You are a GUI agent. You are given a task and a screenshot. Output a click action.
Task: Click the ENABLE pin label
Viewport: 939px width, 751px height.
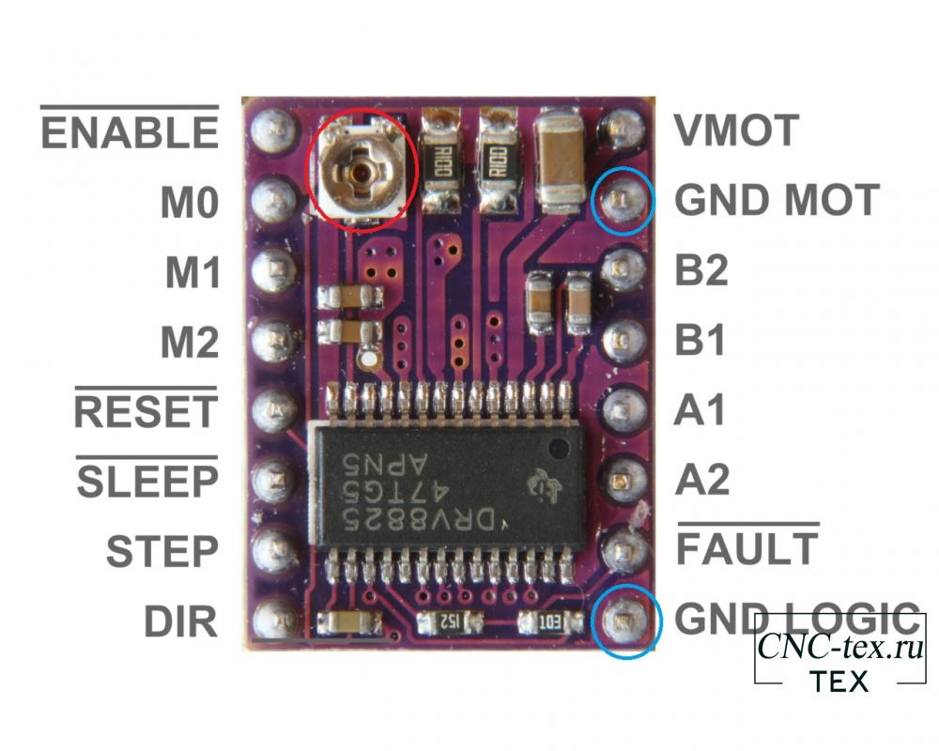pos(130,132)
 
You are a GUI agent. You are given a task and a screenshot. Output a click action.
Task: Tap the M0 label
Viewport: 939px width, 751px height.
pos(190,202)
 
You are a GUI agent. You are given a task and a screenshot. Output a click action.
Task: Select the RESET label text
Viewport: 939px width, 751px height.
pos(145,412)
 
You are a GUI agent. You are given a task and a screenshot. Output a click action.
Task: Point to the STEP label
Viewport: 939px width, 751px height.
pos(162,552)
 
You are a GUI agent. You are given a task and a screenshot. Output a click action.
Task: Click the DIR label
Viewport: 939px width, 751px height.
pos(181,621)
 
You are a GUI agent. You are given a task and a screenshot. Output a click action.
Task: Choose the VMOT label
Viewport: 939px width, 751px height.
pos(736,130)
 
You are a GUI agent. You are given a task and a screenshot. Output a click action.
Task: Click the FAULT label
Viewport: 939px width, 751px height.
pos(747,548)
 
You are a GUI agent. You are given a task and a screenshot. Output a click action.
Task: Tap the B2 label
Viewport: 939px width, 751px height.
pos(701,269)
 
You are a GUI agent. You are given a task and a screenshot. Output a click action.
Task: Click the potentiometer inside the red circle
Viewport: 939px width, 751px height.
pos(362,173)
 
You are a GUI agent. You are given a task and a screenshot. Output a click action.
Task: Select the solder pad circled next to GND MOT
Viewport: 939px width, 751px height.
pos(623,200)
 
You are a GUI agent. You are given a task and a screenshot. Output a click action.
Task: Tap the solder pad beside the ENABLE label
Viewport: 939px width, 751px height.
pos(274,129)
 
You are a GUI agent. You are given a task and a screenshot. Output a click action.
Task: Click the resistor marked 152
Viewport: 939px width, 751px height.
pos(449,622)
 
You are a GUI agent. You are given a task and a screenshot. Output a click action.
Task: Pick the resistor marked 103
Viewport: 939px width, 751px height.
pos(549,622)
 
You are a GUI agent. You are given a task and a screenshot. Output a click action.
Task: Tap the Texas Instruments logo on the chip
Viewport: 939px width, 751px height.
pos(544,483)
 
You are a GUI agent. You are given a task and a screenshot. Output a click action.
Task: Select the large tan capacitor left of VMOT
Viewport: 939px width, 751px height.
pos(562,160)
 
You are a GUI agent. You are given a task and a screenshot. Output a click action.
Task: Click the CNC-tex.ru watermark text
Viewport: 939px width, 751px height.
pos(839,646)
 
